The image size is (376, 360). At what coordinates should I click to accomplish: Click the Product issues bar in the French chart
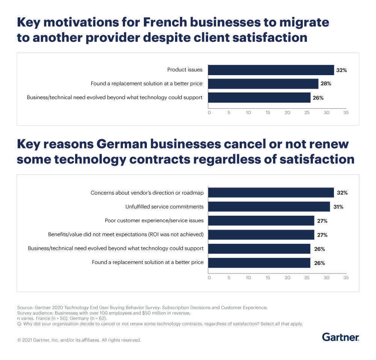click(271, 70)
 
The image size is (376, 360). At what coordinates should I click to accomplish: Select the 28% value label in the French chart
click(326, 84)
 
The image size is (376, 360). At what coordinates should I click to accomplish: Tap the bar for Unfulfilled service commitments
click(269, 207)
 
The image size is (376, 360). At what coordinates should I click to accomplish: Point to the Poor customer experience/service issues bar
click(261, 221)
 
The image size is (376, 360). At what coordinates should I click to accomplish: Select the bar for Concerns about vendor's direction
click(271, 193)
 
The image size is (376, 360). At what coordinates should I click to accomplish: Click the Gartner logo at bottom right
click(340, 337)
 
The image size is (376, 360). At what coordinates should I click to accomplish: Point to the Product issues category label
click(185, 70)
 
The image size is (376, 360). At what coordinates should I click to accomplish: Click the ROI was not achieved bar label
click(126, 234)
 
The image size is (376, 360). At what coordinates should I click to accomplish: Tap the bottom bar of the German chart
click(259, 263)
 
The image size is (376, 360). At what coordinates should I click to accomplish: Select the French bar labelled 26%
click(259, 98)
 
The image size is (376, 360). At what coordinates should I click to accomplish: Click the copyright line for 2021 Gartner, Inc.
click(79, 340)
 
